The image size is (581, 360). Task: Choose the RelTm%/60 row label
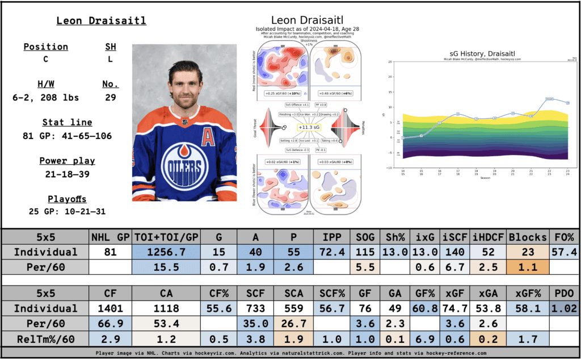(45, 338)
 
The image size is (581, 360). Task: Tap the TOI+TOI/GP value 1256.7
(163, 252)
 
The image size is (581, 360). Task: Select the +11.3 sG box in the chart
(309, 129)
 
